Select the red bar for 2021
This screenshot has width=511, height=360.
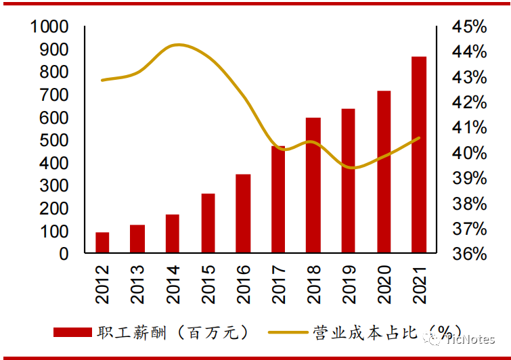[x=419, y=155]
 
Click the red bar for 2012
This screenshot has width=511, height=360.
[x=102, y=243]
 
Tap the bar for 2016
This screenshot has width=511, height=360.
[x=243, y=214]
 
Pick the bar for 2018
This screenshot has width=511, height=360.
[x=313, y=185]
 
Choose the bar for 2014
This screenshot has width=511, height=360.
[x=173, y=234]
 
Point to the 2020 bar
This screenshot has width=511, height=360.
[x=384, y=172]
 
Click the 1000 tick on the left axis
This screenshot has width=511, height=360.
[x=49, y=27]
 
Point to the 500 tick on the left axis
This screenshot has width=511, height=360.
[x=54, y=141]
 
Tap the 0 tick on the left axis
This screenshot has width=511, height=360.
[x=64, y=254]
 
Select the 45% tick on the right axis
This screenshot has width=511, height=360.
[x=470, y=27]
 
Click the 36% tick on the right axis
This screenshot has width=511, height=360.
[x=470, y=254]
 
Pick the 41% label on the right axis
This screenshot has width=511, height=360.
[x=470, y=128]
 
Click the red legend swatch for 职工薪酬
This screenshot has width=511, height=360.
[x=72, y=332]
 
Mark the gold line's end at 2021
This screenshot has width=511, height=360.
[x=420, y=138]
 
